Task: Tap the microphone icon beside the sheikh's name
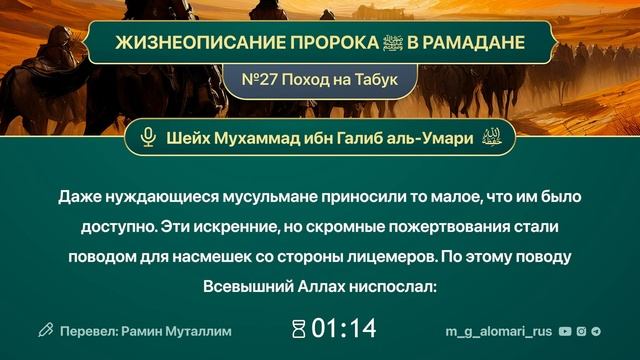coord(148,138)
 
